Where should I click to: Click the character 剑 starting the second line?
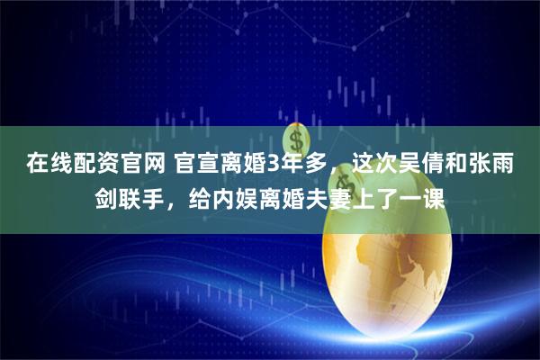pyautogui.click(x=105, y=196)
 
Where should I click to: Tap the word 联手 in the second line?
pyautogui.click(x=139, y=196)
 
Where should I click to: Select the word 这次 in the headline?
pyautogui.click(x=358, y=164)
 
